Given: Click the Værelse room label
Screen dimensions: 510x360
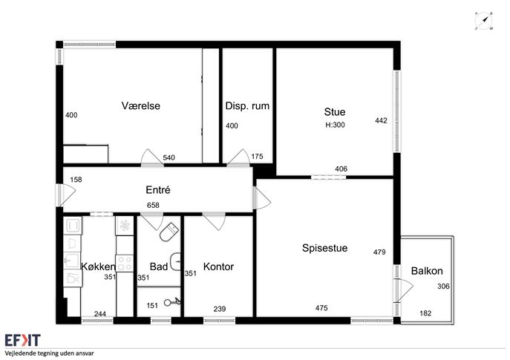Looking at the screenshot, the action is pos(141,105).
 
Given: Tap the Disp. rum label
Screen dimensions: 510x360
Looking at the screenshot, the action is pos(247,105).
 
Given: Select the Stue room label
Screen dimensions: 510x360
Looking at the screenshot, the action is pos(335,112).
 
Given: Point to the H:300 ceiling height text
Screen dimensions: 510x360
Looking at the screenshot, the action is pos(335,125).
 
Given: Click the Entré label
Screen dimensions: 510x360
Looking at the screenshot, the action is pos(158,189).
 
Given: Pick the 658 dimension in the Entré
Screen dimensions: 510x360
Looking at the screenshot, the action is pos(153,205).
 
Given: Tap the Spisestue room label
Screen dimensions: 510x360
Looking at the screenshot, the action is pos(324,248).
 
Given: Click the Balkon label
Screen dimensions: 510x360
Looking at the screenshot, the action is pos(427,271).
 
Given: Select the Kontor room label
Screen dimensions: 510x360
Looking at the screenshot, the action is pos(218,266).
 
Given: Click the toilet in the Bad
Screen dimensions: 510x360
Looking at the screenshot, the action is pos(169,232).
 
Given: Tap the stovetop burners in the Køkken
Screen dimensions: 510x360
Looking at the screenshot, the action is pos(125,264).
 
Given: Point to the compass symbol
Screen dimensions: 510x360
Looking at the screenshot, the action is pos(484,21).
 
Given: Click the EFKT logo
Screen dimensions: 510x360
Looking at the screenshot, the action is pos(22,340).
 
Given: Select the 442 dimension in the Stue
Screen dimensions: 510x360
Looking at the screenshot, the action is pos(381,121).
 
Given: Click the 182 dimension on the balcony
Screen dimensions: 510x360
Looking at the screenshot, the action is pos(425,313).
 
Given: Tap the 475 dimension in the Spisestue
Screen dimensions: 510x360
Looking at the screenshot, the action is pos(321,308).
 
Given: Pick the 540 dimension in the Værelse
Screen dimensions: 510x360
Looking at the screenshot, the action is pos(169,157).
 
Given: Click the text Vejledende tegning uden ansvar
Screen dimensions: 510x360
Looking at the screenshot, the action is pos(50,353).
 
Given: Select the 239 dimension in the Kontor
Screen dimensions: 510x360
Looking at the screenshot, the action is pos(220,309).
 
